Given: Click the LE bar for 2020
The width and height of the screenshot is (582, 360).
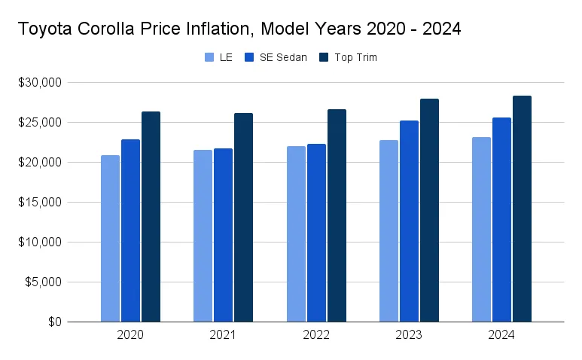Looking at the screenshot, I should (x=110, y=239).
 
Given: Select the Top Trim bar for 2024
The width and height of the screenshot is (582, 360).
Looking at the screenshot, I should (x=522, y=209).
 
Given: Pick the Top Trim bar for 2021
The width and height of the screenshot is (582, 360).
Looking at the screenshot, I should (x=243, y=218).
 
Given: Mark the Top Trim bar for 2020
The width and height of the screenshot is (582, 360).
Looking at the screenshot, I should (x=151, y=217).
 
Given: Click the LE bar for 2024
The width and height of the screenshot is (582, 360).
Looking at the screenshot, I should (x=481, y=230).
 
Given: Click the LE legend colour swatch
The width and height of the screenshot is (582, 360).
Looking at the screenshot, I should (x=209, y=57).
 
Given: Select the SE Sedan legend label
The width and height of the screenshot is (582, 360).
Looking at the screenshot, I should (x=283, y=57).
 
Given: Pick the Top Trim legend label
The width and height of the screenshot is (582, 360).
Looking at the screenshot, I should (x=355, y=57).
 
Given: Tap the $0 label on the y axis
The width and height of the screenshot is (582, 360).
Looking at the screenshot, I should (x=56, y=322).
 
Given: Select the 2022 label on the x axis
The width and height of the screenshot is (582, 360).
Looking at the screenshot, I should (x=316, y=335).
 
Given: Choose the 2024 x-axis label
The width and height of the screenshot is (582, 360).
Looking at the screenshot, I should (x=501, y=335).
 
